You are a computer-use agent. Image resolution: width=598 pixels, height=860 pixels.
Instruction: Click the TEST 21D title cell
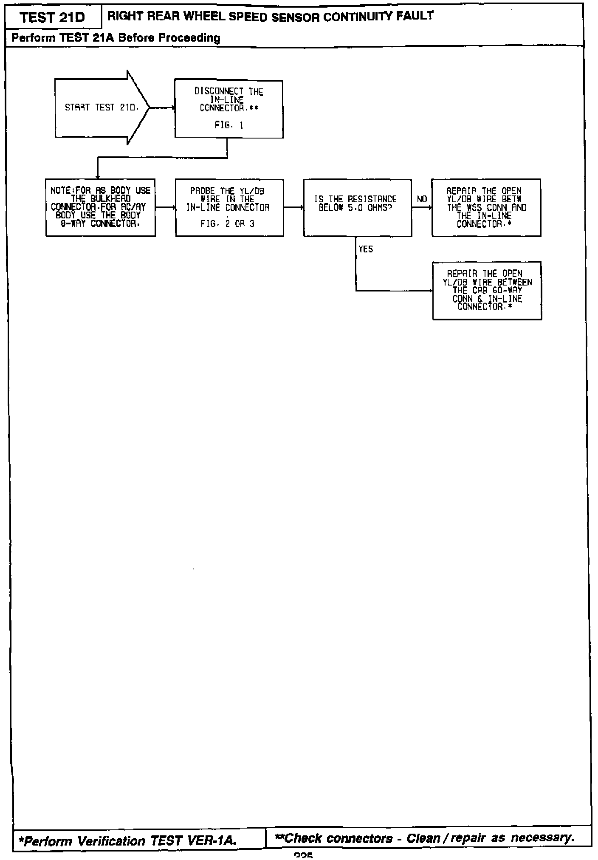tap(52, 17)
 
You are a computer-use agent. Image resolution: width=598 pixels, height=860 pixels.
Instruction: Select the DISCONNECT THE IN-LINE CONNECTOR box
tap(229, 108)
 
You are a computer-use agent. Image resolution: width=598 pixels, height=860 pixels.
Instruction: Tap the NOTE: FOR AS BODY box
tap(101, 207)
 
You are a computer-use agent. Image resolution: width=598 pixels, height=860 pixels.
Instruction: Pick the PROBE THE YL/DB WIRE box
tap(229, 207)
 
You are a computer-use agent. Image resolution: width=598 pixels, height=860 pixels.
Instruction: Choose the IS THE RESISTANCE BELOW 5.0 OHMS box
tap(357, 207)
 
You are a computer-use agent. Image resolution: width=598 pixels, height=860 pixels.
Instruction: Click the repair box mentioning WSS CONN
tap(486, 207)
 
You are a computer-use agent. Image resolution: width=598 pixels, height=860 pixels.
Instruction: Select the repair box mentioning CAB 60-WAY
tap(487, 290)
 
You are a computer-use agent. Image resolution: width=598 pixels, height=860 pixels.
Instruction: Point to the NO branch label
tap(422, 199)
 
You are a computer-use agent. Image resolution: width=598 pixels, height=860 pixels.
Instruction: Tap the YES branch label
tap(365, 249)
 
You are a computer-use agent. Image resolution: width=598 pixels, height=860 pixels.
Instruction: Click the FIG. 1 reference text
tap(229, 126)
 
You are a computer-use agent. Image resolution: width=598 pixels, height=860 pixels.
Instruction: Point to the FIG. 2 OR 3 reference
tap(228, 224)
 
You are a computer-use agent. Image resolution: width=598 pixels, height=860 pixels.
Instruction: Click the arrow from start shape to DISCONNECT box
tap(162, 108)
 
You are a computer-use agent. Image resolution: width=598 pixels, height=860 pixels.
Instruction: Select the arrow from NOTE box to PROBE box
tap(165, 207)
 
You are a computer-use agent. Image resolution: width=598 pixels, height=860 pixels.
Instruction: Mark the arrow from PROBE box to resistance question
tap(293, 207)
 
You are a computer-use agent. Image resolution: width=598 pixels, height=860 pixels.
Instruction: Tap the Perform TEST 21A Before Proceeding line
tap(116, 38)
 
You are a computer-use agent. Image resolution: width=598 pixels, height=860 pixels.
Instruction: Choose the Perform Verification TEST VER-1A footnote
tap(127, 840)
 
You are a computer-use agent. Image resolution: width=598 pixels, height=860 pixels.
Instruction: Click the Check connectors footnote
tap(425, 838)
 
